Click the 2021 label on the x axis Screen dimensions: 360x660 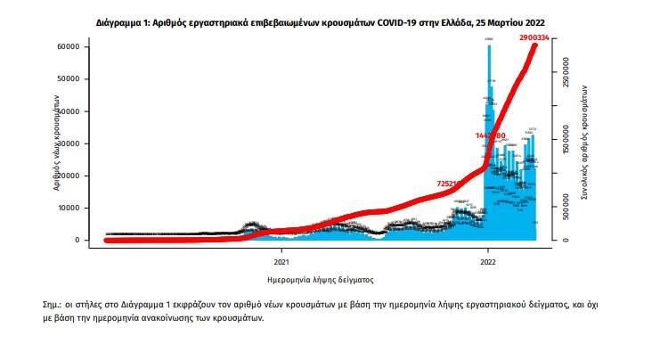(x=281, y=261)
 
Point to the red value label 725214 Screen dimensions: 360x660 (x=452, y=184)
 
